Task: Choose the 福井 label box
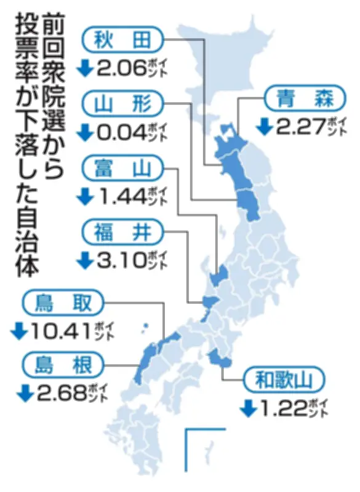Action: [x=123, y=232]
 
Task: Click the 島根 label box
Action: [x=63, y=366]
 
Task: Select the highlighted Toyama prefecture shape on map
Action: [x=220, y=274]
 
